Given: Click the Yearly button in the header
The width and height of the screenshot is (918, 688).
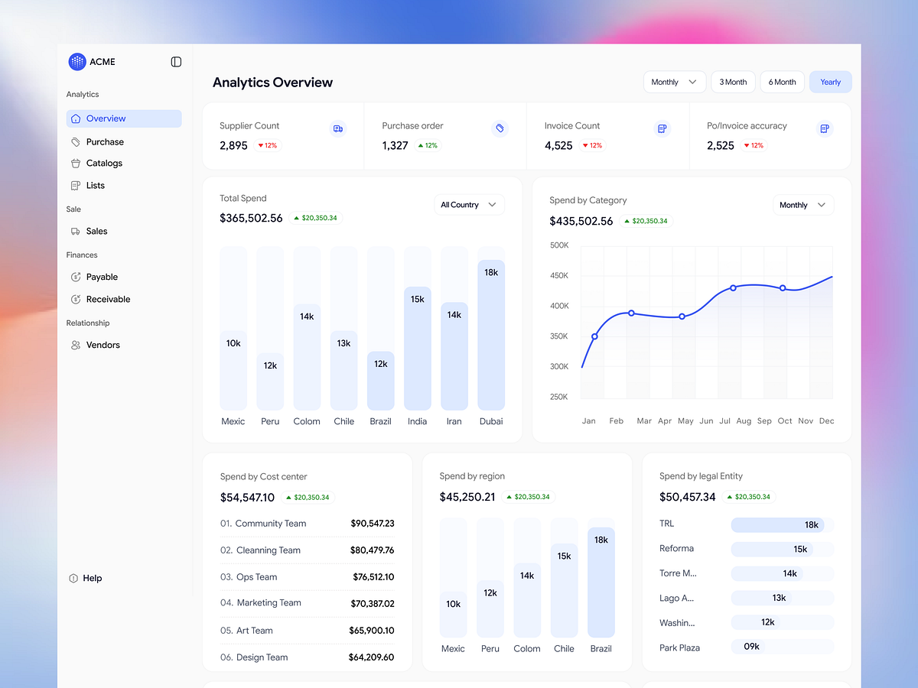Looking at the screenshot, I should (x=830, y=82).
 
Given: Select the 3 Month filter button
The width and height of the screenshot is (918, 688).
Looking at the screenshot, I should (x=733, y=82).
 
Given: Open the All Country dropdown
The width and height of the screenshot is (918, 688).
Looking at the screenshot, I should (x=469, y=205).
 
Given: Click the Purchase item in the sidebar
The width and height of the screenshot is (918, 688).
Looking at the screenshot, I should (x=105, y=141).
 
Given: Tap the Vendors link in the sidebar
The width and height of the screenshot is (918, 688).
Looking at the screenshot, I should (x=103, y=345).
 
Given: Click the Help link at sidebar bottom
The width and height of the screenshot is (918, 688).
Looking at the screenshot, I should (x=92, y=578).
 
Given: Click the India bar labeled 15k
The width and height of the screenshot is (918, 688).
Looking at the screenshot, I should (x=417, y=348).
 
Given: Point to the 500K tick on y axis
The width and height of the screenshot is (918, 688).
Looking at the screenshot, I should (x=559, y=245).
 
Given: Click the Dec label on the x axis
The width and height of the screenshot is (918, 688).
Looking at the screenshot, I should (x=826, y=421).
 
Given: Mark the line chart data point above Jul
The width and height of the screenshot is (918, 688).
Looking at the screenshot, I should (x=733, y=287).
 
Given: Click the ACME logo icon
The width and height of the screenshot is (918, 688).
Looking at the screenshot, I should (x=77, y=62).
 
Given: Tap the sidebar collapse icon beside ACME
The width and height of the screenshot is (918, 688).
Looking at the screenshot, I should (x=176, y=62).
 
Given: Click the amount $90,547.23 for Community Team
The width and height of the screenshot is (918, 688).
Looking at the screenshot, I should (x=372, y=524).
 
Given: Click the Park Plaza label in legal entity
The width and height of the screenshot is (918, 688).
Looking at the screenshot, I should (x=679, y=647).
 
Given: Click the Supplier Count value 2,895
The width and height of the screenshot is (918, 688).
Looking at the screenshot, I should (x=233, y=145).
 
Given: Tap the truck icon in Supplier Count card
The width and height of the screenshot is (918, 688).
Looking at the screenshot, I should (x=338, y=128).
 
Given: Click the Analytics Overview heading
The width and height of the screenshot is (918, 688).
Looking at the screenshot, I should (x=272, y=83).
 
